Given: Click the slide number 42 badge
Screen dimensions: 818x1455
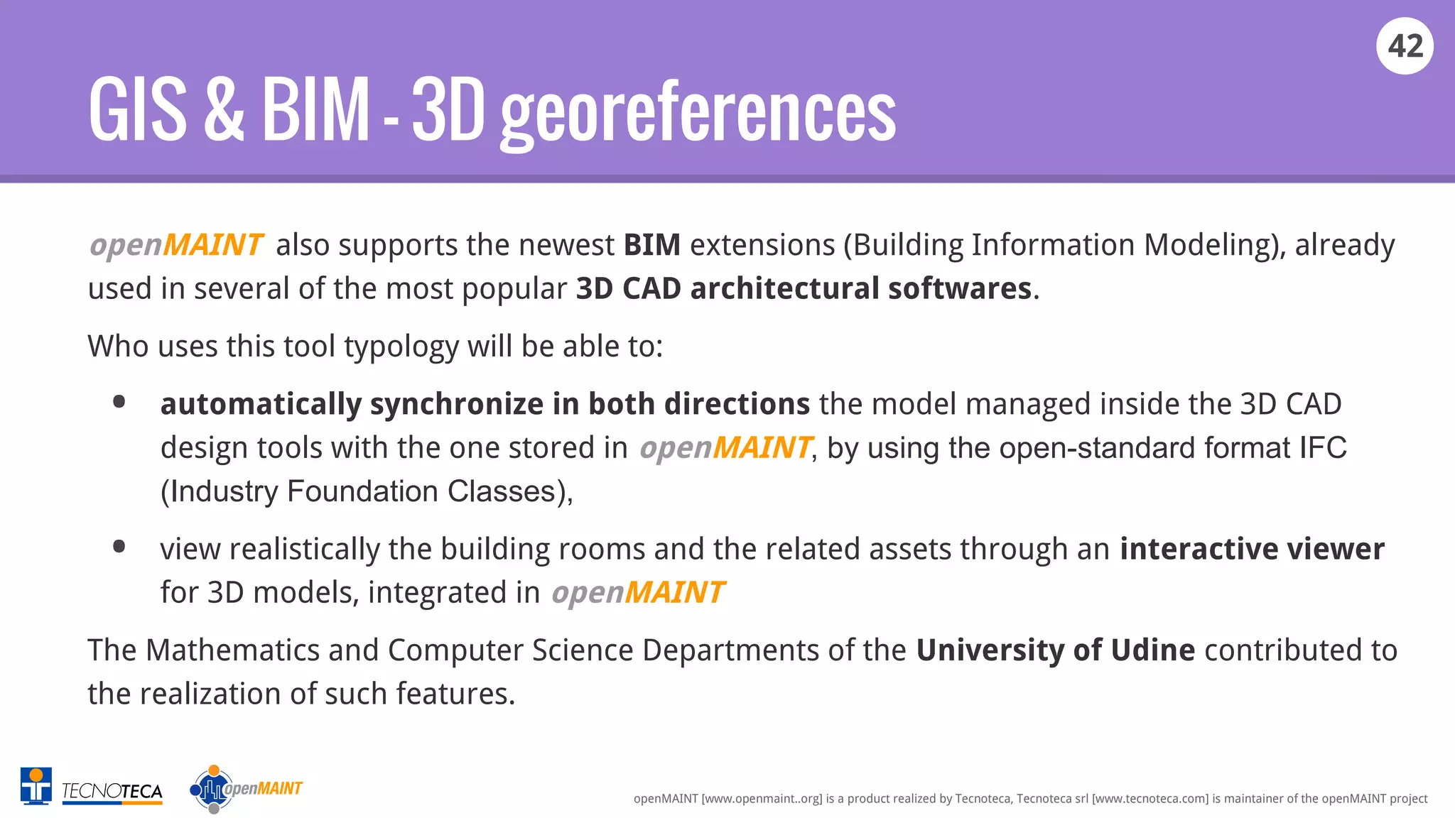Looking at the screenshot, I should point(1405,46).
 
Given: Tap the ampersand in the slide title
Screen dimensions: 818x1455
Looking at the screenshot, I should point(224,110).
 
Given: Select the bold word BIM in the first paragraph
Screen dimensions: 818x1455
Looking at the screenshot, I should point(651,245).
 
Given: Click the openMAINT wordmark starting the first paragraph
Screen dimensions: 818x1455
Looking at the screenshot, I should point(176,245).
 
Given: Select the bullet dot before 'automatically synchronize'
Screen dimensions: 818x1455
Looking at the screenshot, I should point(119,402).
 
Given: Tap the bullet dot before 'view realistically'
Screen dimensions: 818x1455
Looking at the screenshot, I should point(119,546).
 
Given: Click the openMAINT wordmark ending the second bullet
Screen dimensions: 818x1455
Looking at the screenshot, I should point(637,593).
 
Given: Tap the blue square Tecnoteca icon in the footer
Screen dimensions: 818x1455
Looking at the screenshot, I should point(36,786).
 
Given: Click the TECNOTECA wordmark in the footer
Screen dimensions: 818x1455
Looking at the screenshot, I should point(112,791).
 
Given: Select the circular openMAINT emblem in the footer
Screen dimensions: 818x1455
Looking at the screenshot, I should point(212,789).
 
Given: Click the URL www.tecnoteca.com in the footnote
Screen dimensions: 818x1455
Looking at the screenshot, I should point(1150,799).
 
